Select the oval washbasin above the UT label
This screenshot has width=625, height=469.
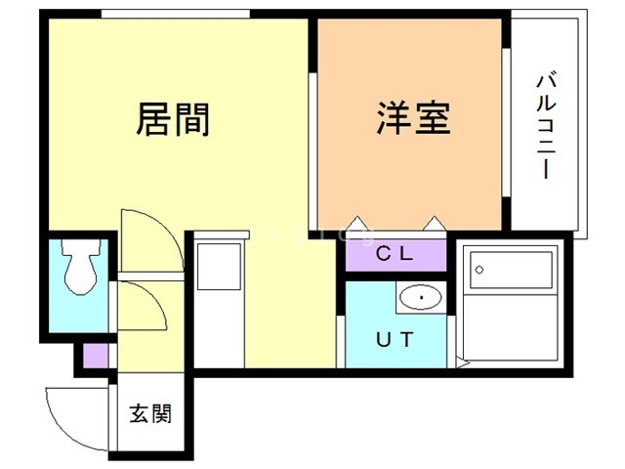[x=418, y=298]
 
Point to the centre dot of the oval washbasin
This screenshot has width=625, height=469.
[x=418, y=298]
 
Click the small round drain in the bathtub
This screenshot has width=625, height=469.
[x=479, y=267]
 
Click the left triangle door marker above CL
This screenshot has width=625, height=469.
[x=356, y=223]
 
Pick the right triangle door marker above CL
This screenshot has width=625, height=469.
[x=437, y=223]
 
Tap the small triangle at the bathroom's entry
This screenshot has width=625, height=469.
[x=463, y=363]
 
